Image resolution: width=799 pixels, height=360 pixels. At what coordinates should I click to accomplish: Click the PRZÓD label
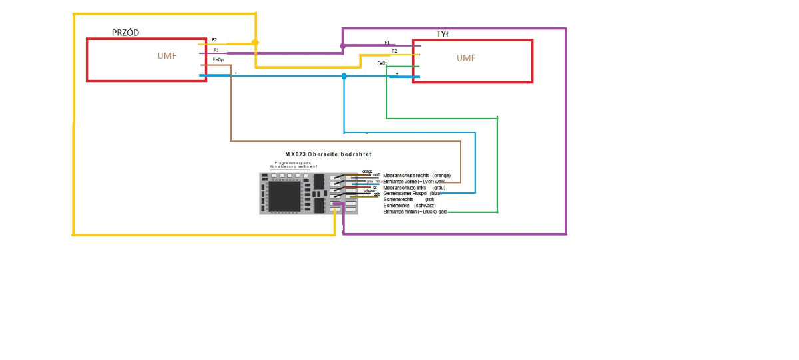(125, 33)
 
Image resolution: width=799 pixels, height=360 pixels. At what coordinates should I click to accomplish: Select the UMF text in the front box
(167, 55)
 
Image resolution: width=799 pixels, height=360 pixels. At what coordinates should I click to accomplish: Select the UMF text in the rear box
(466, 58)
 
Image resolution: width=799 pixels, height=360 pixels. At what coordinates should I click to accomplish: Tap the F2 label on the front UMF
(214, 40)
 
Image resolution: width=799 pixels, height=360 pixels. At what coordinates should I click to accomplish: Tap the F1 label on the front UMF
(216, 50)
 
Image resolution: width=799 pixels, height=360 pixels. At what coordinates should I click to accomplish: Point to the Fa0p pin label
(218, 60)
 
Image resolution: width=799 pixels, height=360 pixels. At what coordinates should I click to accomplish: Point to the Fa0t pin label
(382, 63)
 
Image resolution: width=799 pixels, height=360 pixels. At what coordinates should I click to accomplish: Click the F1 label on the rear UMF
(387, 43)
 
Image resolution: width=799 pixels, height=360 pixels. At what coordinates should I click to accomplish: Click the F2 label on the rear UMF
(394, 51)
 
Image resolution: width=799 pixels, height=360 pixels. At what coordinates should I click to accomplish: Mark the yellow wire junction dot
(255, 43)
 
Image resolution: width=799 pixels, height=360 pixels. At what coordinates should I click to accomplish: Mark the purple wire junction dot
(342, 47)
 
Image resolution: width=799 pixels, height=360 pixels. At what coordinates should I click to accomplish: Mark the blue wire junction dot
(344, 76)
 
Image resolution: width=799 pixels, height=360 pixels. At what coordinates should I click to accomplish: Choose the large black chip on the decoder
(284, 196)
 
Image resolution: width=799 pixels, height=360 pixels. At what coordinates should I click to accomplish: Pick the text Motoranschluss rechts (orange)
(417, 176)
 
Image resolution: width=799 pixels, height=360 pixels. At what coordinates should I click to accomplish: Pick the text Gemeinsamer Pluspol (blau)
(413, 194)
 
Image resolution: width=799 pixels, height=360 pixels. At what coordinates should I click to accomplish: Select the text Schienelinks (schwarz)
(409, 206)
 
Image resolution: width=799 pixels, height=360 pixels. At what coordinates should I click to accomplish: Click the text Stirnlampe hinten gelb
(415, 212)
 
